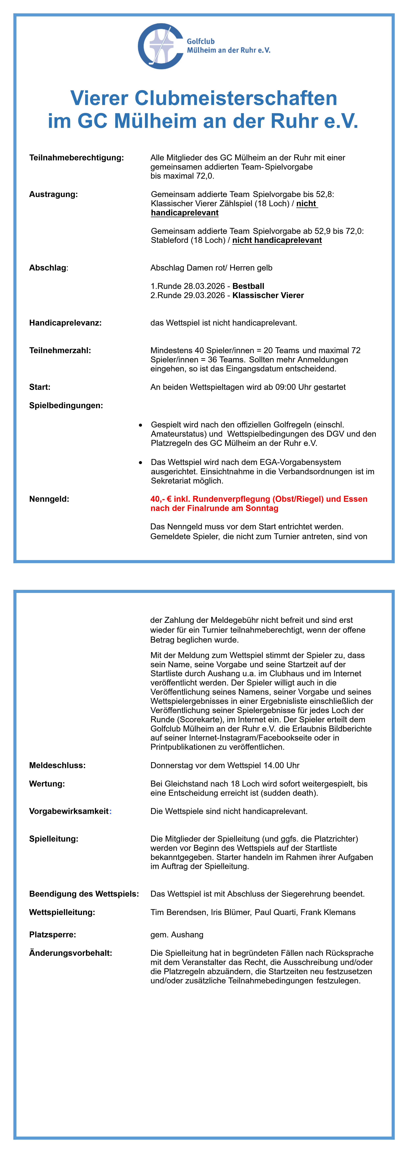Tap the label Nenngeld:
tap(49, 499)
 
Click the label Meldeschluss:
tap(57, 765)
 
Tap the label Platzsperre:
tap(52, 935)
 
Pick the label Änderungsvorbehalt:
tap(71, 953)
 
